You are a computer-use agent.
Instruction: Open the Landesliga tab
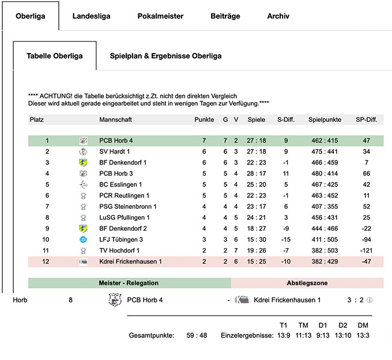coord(91,16)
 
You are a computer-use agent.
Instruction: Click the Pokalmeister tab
coord(160,16)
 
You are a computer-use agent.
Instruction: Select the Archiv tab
coord(278,16)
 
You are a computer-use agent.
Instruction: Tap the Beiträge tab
coord(225,16)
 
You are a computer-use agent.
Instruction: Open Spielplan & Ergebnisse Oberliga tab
coord(166,56)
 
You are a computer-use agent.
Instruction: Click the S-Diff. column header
coord(286,119)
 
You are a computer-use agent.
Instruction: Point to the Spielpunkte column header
coord(325,119)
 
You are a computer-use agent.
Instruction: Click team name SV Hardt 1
coord(115,152)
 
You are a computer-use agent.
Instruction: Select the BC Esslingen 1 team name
coord(120,185)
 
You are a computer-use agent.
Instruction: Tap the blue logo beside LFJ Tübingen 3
coord(83,239)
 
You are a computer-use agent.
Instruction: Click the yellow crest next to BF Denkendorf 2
coord(83,228)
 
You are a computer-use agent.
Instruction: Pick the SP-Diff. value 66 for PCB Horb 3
coord(366,174)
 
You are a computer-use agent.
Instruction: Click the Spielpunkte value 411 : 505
coord(325,239)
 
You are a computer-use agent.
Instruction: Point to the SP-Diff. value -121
coord(366,250)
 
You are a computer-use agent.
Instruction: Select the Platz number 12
coord(46,261)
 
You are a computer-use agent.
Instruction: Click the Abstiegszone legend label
coord(307,283)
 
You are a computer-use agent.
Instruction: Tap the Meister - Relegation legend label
coord(129,283)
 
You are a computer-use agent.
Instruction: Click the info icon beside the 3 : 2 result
coord(370,300)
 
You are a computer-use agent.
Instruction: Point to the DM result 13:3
coord(363,335)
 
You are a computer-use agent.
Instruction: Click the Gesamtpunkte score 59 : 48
coord(197,335)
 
